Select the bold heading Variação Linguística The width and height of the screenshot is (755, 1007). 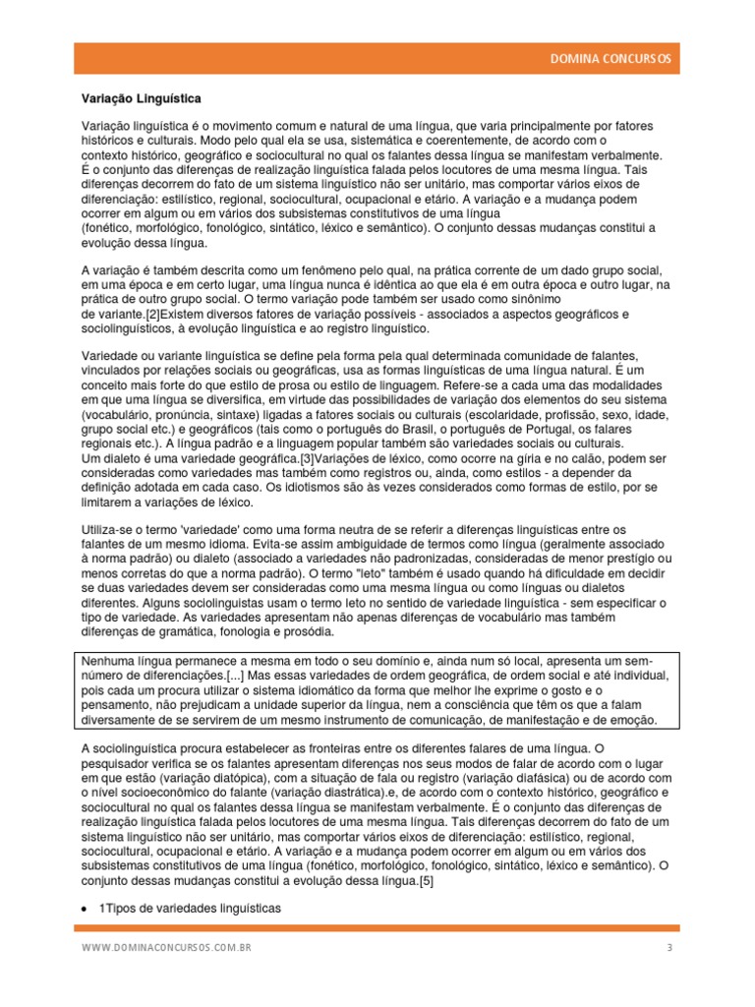(x=141, y=99)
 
